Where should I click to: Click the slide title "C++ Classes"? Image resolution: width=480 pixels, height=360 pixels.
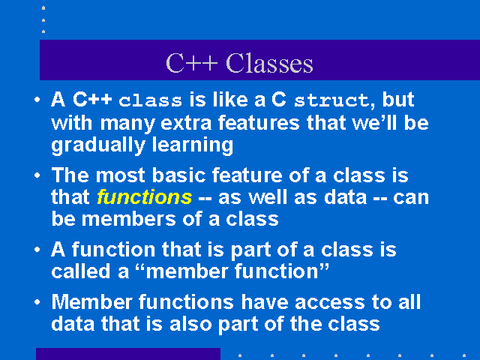tap(239, 63)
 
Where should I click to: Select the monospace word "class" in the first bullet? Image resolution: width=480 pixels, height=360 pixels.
tap(150, 100)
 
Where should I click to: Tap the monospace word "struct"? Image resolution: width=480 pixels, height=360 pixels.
tap(331, 100)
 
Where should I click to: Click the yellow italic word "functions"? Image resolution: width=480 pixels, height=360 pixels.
tap(144, 197)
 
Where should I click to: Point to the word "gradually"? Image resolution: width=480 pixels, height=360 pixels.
tap(98, 145)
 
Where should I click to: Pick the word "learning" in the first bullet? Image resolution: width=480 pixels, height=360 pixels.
tap(193, 145)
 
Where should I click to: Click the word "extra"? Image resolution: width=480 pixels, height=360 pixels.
tap(186, 123)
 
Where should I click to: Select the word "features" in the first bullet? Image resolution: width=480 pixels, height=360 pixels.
tap(259, 122)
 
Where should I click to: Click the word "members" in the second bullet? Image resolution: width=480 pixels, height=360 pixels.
tap(128, 219)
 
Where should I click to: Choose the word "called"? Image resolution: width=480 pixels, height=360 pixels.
tap(81, 271)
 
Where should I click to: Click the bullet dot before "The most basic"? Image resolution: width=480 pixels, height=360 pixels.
tap(37, 175)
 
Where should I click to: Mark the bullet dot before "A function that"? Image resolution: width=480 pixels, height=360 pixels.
tap(37, 250)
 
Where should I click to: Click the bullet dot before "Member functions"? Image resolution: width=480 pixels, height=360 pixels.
tap(37, 302)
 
